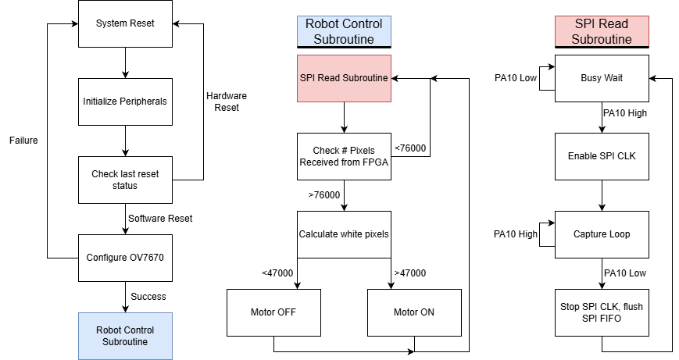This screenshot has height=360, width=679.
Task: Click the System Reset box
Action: pyautogui.click(x=125, y=23)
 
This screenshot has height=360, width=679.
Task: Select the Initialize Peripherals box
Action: pyautogui.click(x=125, y=102)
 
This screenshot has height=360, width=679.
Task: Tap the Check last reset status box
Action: pyautogui.click(x=125, y=180)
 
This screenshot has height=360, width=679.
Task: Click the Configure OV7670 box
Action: pyautogui.click(x=125, y=257)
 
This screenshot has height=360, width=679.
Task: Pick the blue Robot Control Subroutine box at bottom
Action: pyautogui.click(x=125, y=336)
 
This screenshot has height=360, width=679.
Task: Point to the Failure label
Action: pyautogui.click(x=23, y=141)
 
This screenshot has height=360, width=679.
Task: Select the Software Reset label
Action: pyautogui.click(x=159, y=218)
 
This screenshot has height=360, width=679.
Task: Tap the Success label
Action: pyautogui.click(x=148, y=297)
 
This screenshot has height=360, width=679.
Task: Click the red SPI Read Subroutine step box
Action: pyautogui.click(x=344, y=78)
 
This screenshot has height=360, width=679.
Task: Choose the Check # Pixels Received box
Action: pyautogui.click(x=344, y=156)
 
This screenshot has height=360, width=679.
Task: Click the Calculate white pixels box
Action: pyautogui.click(x=344, y=234)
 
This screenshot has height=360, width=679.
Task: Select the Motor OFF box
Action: pyautogui.click(x=273, y=312)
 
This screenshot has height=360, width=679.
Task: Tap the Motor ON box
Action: pyautogui.click(x=414, y=312)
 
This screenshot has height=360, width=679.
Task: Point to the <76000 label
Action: pyautogui.click(x=410, y=148)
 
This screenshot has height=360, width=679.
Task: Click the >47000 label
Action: pyautogui.click(x=411, y=273)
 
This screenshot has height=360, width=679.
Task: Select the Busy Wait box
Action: pyautogui.click(x=602, y=78)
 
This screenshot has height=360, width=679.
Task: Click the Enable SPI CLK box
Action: pyautogui.click(x=602, y=156)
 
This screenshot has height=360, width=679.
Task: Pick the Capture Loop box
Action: pyautogui.click(x=602, y=234)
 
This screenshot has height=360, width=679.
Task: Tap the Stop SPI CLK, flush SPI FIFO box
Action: pyautogui.click(x=602, y=312)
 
